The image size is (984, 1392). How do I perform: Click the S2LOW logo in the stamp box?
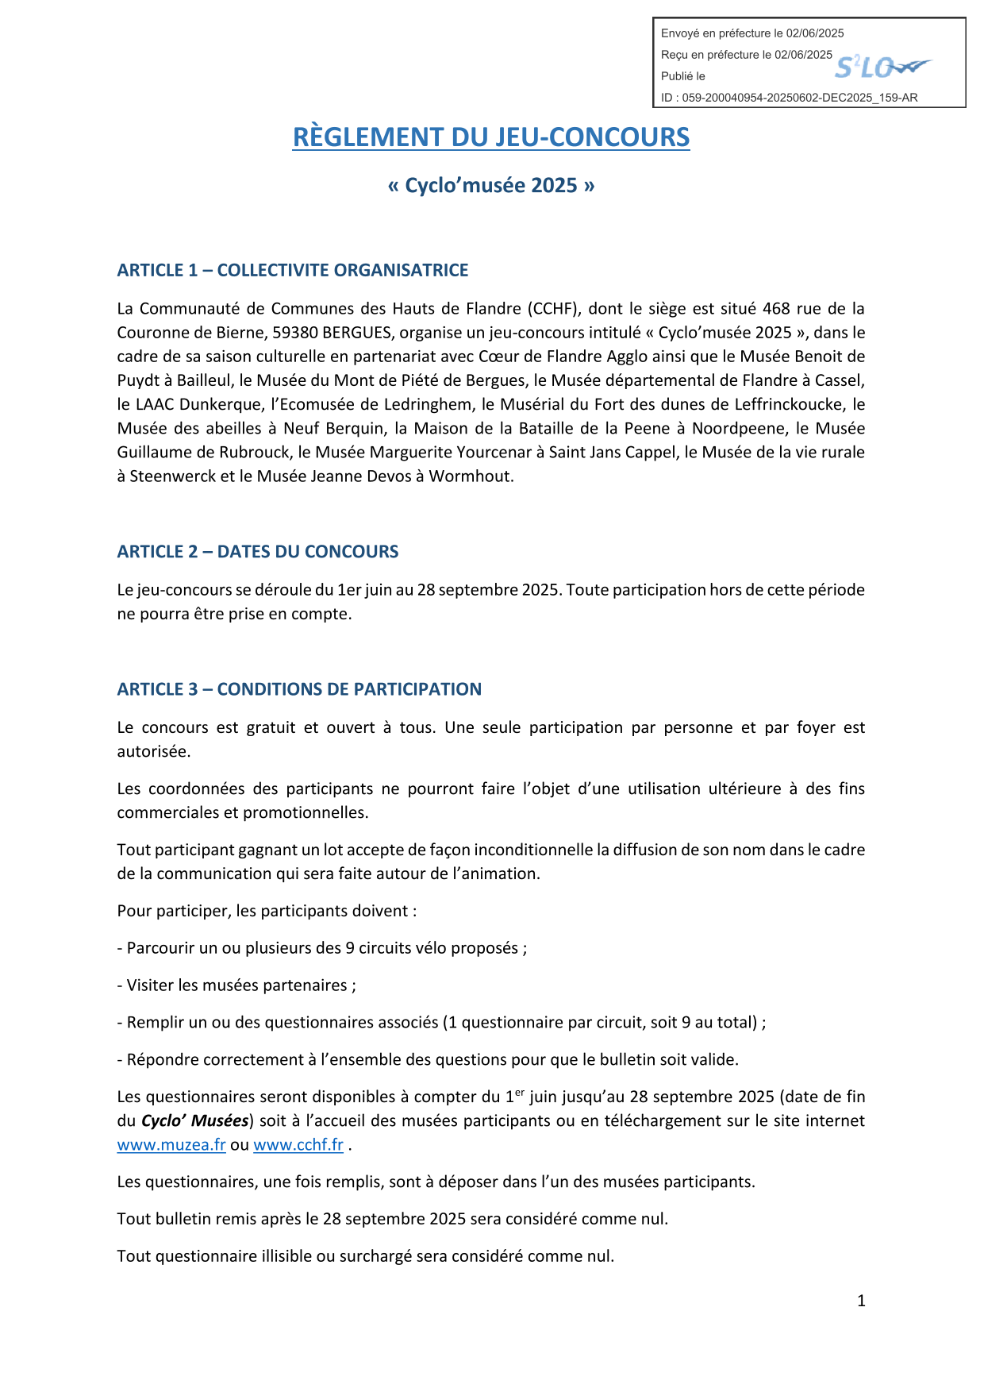click(882, 68)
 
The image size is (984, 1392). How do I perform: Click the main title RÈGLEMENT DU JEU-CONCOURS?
click(491, 137)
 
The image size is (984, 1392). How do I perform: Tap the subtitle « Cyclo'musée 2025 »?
click(491, 185)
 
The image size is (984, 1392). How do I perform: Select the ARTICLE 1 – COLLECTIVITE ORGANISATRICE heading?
click(293, 271)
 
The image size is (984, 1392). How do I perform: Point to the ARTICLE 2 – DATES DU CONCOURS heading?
click(258, 552)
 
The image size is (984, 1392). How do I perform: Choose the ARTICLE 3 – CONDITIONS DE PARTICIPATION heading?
click(299, 689)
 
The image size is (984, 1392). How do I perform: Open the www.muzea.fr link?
click(171, 1145)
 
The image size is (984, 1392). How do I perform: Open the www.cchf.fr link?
click(298, 1145)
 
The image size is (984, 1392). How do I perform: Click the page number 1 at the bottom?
click(861, 1301)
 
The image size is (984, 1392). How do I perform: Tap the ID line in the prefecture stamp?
click(790, 98)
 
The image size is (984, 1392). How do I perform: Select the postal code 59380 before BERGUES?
click(294, 333)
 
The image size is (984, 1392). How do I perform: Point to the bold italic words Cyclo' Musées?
click(195, 1121)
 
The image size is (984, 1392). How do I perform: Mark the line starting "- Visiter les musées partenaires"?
click(236, 985)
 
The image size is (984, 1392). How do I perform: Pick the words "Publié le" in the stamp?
click(683, 76)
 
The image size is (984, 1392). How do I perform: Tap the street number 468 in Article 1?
click(776, 309)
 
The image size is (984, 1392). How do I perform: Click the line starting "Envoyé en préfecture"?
click(752, 33)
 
